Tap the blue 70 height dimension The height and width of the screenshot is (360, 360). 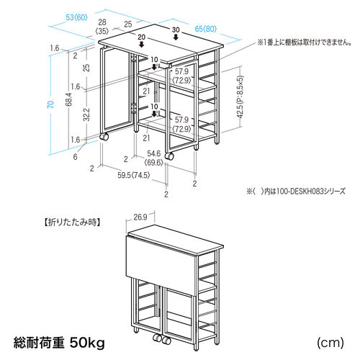click(x=50, y=104)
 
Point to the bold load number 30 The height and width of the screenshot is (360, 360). click(x=176, y=30)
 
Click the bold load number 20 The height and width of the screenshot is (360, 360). click(x=141, y=37)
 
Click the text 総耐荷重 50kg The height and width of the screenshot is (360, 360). click(x=58, y=341)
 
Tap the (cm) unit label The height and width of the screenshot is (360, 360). click(x=329, y=341)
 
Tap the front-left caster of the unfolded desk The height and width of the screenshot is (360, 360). click(x=105, y=136)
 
